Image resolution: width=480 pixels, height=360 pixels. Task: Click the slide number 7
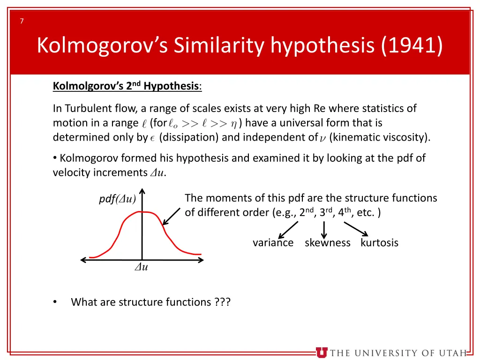[x=22, y=21]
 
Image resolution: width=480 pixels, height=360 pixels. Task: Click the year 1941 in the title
[x=412, y=46]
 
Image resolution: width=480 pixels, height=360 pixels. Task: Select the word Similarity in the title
[x=218, y=46]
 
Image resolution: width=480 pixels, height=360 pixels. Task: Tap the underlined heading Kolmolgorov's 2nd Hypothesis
[x=127, y=86]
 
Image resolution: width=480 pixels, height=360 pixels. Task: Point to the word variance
[x=273, y=243]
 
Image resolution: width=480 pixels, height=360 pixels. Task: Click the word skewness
[x=327, y=243]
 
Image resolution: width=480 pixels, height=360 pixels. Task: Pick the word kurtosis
[x=379, y=243]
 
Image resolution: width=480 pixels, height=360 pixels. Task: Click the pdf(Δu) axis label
[x=117, y=199]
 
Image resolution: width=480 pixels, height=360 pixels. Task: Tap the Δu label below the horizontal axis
[x=141, y=268]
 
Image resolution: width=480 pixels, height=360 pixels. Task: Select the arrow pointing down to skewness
[x=324, y=229]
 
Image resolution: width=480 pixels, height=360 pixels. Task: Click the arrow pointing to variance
[x=288, y=230]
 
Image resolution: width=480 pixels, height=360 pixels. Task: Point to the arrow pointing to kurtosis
[x=356, y=229]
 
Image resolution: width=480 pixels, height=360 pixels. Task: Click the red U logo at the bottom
[x=322, y=352]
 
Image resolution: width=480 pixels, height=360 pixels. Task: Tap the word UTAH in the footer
[x=452, y=353]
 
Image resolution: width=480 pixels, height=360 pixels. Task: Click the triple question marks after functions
[x=222, y=302]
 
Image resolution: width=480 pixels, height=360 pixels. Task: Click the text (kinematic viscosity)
[x=380, y=137]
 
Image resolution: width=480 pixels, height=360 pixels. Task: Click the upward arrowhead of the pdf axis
[x=142, y=192]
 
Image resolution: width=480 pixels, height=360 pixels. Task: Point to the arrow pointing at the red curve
[x=171, y=217]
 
